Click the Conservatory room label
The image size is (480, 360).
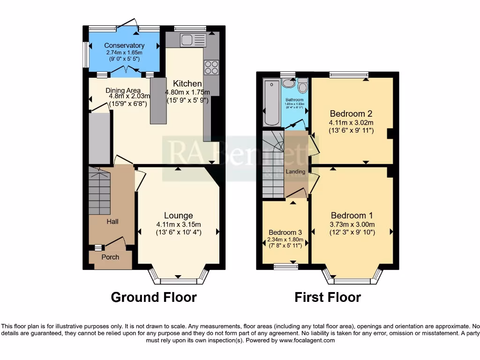pos(124,45)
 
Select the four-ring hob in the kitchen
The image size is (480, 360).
pos(211,67)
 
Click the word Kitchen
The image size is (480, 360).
pos(186,83)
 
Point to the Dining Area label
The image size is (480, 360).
pos(123,90)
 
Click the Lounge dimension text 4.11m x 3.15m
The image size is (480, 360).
pos(179,224)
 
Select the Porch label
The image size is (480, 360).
pos(110,257)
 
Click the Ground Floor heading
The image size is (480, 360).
pos(153,297)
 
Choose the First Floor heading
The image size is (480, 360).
pos(328,297)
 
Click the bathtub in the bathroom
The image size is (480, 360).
pos(271,103)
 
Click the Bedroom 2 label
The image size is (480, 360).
pos(351,113)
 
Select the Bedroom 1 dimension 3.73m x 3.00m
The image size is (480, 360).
pos(352,224)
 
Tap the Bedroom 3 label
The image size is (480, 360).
pos(285,232)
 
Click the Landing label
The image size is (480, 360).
pos(296,172)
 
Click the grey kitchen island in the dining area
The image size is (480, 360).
pos(158,100)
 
